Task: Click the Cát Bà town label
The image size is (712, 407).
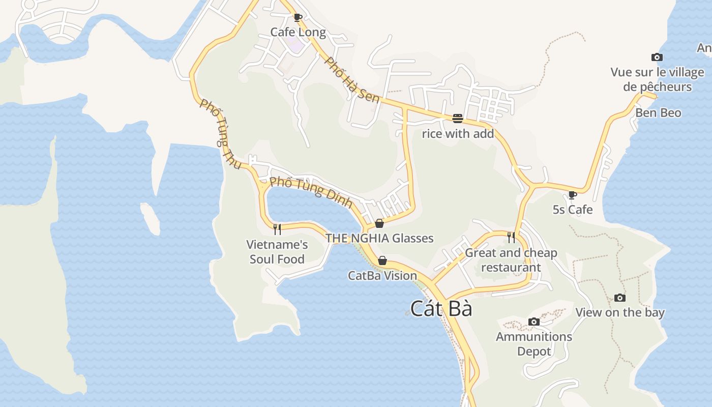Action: point(441,309)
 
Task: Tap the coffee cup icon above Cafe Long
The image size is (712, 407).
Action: point(298,18)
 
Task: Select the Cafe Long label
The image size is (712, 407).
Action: point(298,32)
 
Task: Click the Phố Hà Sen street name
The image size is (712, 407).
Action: point(352,80)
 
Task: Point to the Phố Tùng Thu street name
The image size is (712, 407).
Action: point(221,134)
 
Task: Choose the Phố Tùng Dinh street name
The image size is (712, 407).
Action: point(311,192)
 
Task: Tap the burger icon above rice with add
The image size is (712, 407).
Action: point(458,119)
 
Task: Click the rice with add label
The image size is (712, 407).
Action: point(458,134)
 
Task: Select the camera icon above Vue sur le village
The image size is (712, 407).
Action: point(657,57)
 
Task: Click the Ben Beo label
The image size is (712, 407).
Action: point(658,112)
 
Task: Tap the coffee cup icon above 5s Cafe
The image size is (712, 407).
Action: point(573,194)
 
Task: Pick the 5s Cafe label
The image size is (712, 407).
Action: point(573,209)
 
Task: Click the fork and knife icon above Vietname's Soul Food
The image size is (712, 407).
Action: point(277,229)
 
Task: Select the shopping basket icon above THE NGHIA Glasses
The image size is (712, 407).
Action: point(379,223)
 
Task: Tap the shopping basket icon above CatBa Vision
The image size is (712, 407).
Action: point(382,260)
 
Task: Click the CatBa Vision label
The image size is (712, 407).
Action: point(382,275)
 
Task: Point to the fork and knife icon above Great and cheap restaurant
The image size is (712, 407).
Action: point(511,237)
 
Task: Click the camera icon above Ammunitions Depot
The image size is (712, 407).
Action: point(534,322)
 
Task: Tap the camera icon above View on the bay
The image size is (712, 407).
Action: point(619,298)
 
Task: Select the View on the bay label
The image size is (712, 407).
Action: point(619,312)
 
